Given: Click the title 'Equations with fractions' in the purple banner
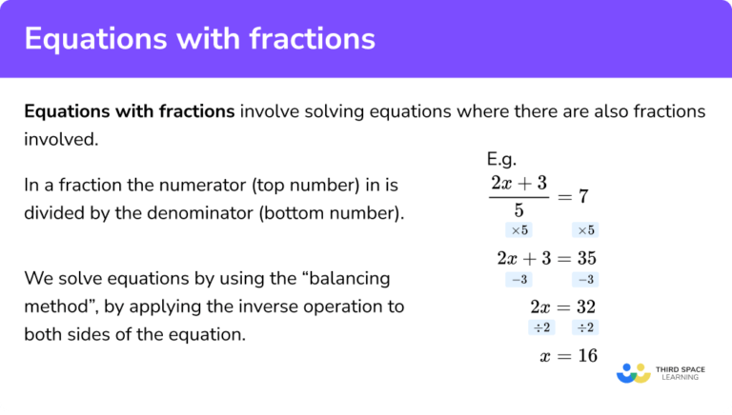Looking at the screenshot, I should pyautogui.click(x=199, y=39).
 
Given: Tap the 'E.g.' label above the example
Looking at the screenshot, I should pyautogui.click(x=501, y=159).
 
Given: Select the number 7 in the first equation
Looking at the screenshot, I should pyautogui.click(x=583, y=197).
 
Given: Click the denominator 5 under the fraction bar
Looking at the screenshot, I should pyautogui.click(x=519, y=211).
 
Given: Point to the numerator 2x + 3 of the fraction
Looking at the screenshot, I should pyautogui.click(x=519, y=183).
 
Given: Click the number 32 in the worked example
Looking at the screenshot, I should pyautogui.click(x=585, y=307).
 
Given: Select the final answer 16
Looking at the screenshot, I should pyautogui.click(x=585, y=355).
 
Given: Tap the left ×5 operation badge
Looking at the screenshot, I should pyautogui.click(x=519, y=230).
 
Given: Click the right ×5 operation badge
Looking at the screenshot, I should pyautogui.click(x=584, y=230).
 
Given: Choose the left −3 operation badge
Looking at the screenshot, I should pyautogui.click(x=519, y=280).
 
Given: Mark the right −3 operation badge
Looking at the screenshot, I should pyautogui.click(x=584, y=280).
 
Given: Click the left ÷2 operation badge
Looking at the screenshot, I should pyautogui.click(x=540, y=328).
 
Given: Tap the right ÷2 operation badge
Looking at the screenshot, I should pyautogui.click(x=584, y=328).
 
